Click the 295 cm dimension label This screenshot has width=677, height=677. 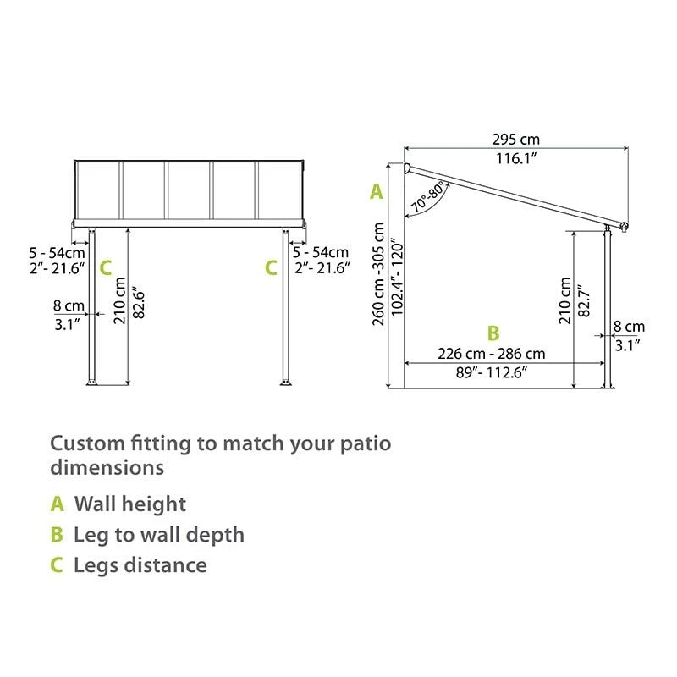(516, 140)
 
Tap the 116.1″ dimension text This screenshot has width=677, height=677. (516, 157)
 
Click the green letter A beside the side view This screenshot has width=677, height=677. (377, 192)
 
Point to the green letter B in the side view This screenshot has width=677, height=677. (493, 333)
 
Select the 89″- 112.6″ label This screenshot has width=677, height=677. (490, 372)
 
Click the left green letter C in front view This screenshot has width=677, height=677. (105, 268)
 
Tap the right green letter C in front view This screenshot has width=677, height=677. (271, 268)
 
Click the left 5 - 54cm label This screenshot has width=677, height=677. (57, 252)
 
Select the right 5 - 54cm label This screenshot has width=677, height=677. (320, 252)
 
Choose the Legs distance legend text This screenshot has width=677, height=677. (140, 564)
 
